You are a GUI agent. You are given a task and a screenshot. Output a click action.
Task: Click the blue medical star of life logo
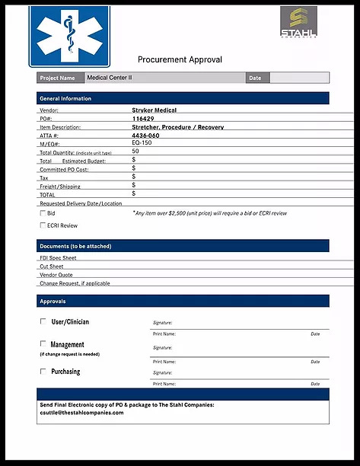69,37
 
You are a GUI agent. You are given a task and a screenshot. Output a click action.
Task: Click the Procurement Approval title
180,59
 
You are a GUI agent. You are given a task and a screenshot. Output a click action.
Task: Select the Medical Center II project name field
164,78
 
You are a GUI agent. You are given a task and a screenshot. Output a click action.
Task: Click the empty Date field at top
299,78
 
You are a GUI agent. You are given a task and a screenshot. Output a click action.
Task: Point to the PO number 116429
142,119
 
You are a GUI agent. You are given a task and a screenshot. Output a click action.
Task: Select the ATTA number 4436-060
147,136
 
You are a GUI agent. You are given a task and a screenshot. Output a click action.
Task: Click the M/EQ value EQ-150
142,143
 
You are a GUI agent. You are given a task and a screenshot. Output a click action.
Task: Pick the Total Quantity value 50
135,152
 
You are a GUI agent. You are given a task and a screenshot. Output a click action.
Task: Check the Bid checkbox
43,214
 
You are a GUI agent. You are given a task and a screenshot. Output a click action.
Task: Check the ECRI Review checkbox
43,225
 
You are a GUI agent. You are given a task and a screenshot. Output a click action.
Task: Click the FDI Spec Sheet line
58,258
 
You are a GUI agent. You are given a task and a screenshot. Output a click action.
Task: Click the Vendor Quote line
57,275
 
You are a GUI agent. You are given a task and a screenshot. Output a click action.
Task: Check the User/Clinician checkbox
43,321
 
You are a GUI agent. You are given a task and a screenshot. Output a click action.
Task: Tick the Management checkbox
43,344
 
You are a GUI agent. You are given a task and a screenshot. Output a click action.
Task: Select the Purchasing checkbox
43,372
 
